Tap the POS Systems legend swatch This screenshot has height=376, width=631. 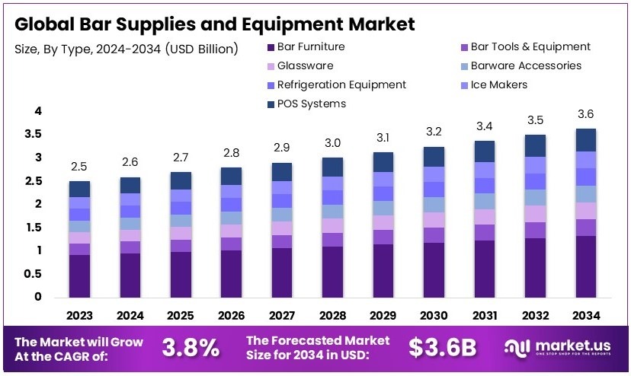coord(271,104)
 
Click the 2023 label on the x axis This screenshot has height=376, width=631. coord(79,315)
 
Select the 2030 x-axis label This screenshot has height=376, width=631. coord(434,315)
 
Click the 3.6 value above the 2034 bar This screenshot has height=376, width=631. coord(586,114)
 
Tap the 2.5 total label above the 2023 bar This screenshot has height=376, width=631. coord(79,166)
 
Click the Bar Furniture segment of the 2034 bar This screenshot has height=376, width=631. coord(586,266)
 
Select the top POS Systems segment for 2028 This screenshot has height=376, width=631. coord(332,167)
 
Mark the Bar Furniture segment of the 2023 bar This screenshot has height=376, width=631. coord(79,276)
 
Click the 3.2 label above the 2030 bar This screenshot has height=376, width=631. coord(434,131)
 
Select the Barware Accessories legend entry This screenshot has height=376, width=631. coord(526,65)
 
